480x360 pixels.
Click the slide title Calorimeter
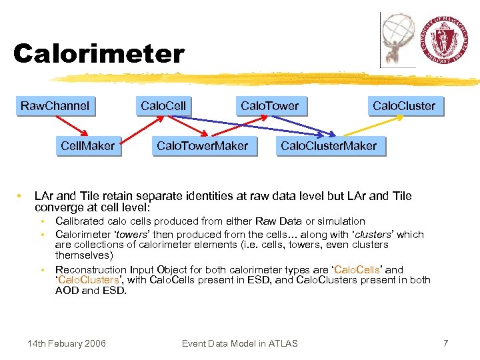coord(99,54)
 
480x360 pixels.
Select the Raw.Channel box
coord(55,106)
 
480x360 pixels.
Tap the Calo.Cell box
coord(163,106)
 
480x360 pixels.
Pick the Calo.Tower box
coord(269,106)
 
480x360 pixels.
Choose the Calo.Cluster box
coord(403,106)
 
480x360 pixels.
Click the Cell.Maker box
coord(87,146)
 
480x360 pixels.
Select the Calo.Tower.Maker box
coord(202,146)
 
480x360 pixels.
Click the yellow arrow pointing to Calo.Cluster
coord(373,126)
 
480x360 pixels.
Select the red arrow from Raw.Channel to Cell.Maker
coord(71,126)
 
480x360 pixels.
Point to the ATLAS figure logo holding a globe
coord(399,39)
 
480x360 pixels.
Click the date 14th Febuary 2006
coord(66,343)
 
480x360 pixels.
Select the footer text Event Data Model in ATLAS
coord(239,343)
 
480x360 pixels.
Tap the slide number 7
coord(446,343)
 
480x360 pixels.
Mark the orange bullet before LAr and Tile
coord(21,196)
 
